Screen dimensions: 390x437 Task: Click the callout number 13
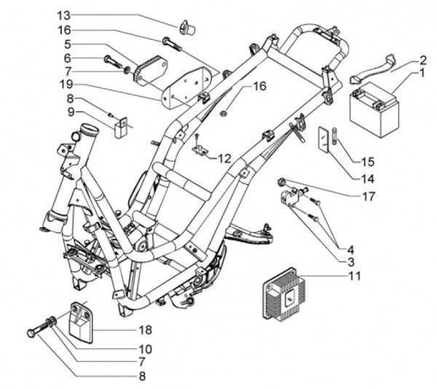tap(64, 15)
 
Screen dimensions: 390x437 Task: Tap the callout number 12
tap(224, 157)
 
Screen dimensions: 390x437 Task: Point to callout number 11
tap(355, 276)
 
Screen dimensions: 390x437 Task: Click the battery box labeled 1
tap(373, 107)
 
